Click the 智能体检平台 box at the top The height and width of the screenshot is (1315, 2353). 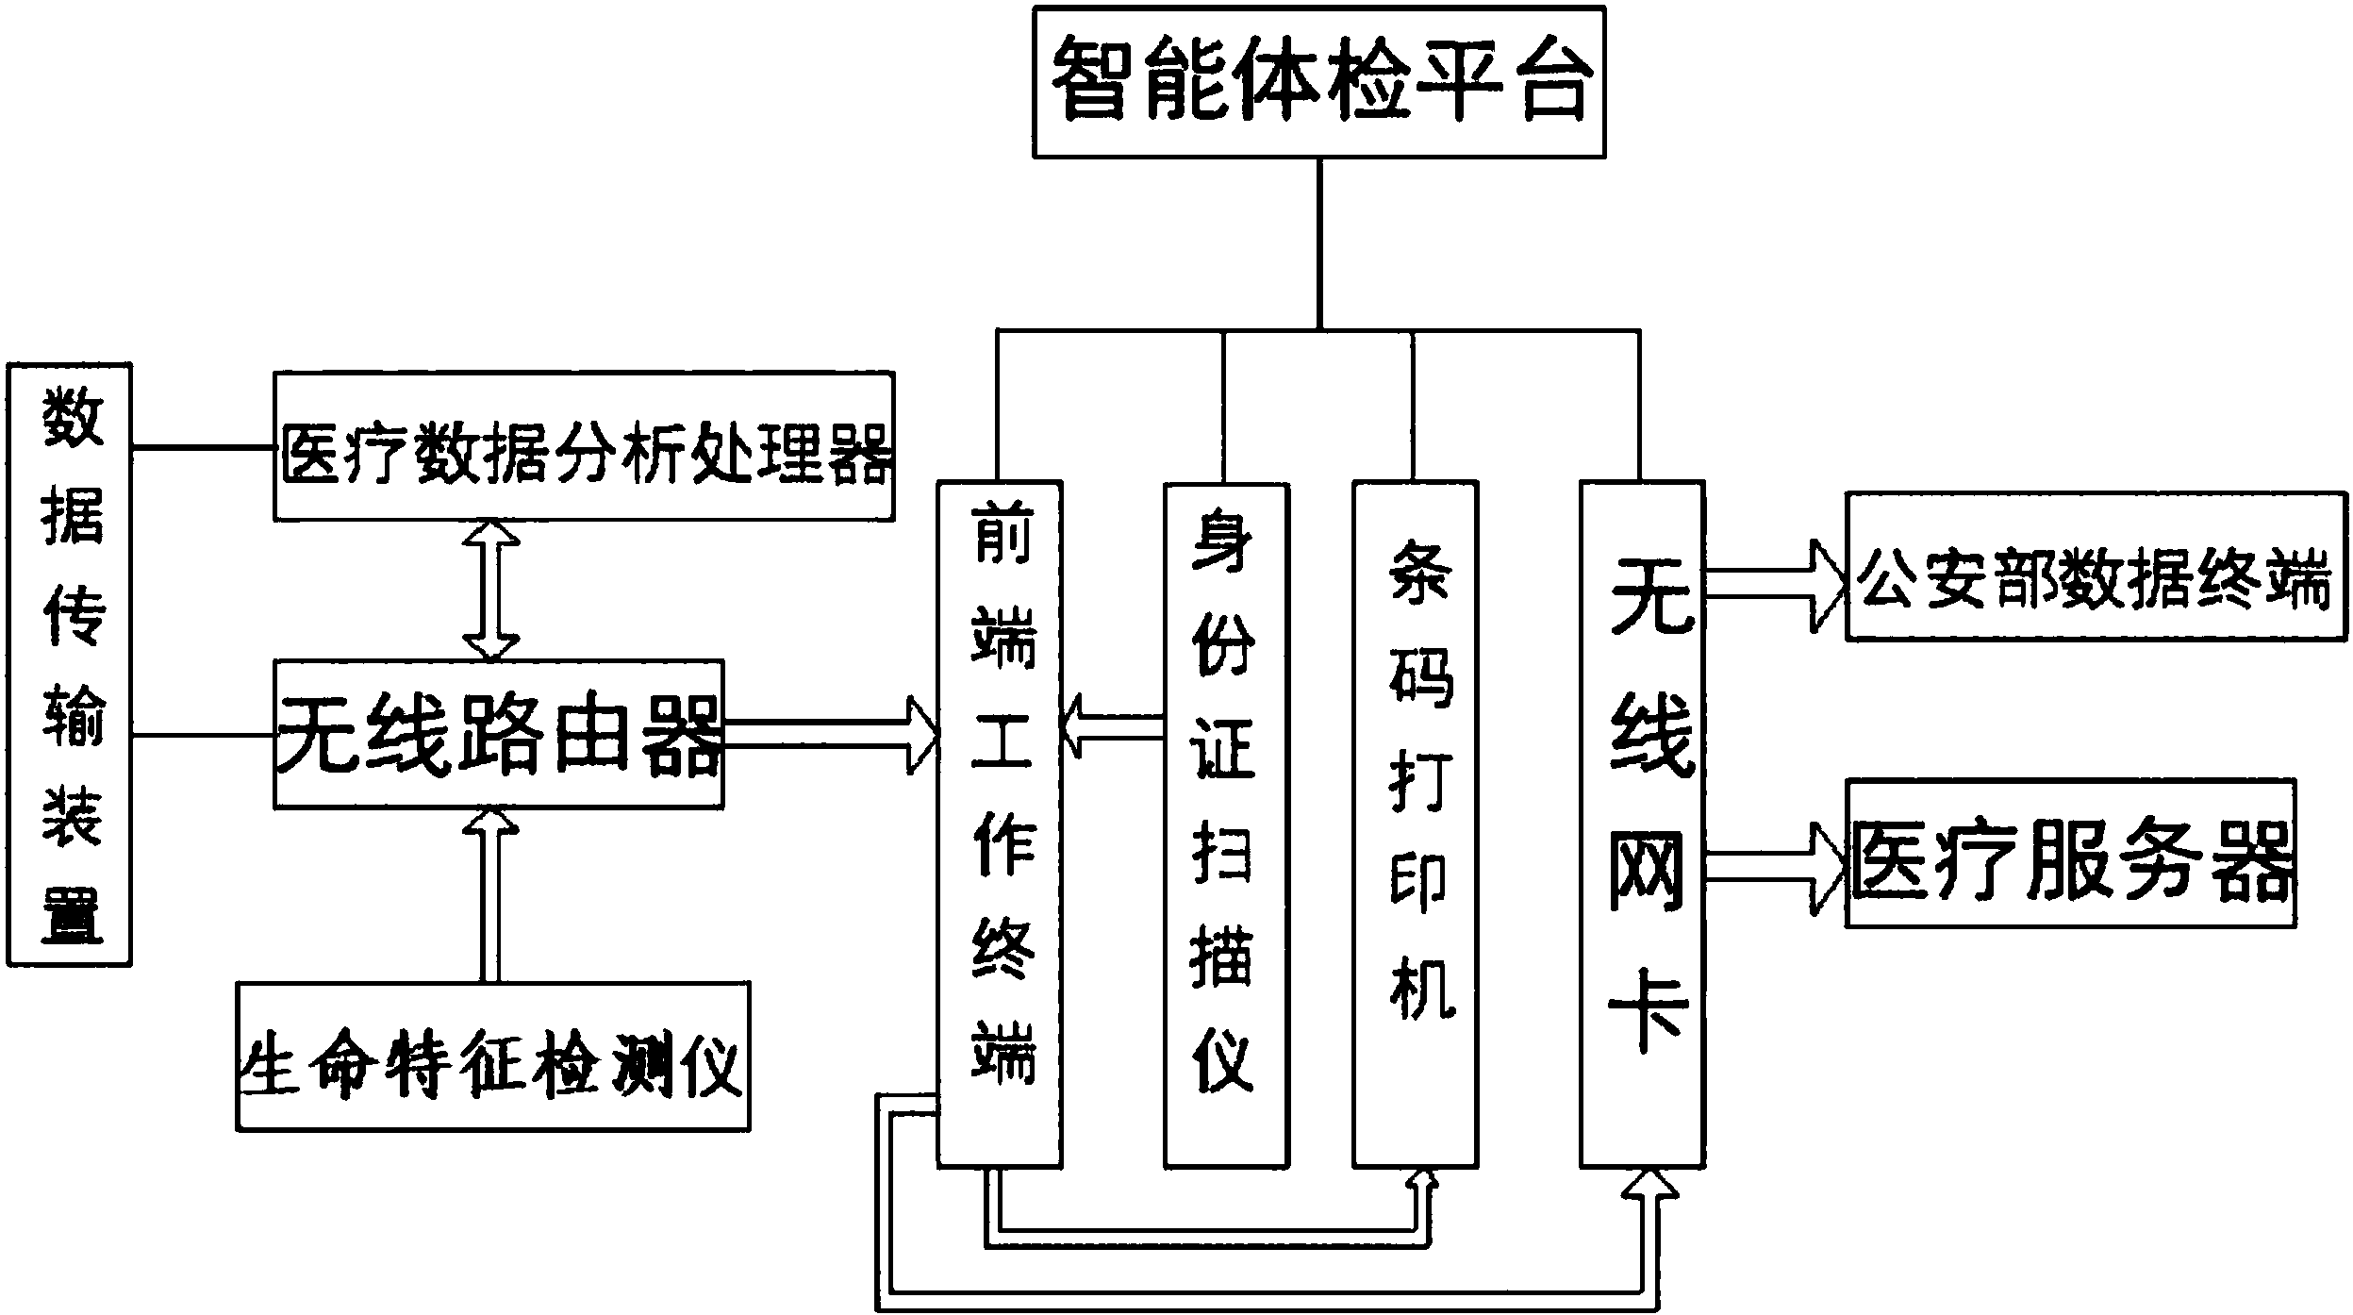tap(1318, 83)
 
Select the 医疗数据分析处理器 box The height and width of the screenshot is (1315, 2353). tap(584, 445)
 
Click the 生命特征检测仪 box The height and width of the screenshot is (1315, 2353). tap(493, 1057)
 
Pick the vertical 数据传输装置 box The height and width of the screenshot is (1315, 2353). tap(69, 664)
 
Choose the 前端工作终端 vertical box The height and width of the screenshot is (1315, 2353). tap(1000, 824)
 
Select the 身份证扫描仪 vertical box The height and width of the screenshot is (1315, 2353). tap(1225, 824)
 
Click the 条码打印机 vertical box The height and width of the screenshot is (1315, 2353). tap(1415, 824)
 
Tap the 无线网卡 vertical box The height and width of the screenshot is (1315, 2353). tap(1642, 824)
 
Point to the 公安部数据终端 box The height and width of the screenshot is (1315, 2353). tap(2094, 566)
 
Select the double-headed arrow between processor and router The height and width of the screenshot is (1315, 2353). tap(490, 590)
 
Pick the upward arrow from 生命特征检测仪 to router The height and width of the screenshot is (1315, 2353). tap(490, 896)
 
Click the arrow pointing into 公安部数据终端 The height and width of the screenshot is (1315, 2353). tap(1773, 584)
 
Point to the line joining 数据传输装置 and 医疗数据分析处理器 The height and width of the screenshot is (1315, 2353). tap(202, 446)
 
